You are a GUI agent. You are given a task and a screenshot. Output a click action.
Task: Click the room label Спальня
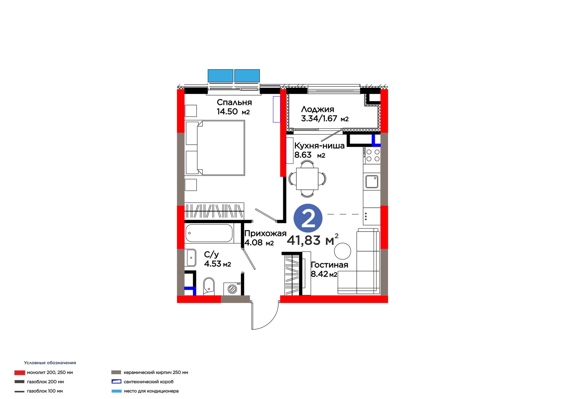[234, 102]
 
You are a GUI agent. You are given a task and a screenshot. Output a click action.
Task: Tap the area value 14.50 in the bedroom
[227, 111]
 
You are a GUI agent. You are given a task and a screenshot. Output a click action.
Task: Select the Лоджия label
[317, 109]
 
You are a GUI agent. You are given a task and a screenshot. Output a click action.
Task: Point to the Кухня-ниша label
[319, 146]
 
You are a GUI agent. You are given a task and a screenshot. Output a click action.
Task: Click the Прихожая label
[265, 234]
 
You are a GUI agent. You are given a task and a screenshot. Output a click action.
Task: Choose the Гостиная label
[329, 265]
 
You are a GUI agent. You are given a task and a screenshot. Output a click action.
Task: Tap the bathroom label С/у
[212, 255]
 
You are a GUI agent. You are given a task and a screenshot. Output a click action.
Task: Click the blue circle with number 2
[308, 218]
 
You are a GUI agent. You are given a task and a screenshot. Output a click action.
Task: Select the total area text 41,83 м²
[313, 240]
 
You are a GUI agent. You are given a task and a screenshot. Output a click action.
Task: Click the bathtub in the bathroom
[209, 233]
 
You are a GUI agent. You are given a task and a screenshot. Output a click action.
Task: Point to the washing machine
[232, 289]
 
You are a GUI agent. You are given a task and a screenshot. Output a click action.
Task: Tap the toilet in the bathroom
[209, 286]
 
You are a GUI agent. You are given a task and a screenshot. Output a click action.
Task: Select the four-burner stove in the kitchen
[371, 155]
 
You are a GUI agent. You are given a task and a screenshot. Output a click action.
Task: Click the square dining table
[307, 179]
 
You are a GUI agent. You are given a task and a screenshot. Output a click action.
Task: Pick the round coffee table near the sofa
[343, 251]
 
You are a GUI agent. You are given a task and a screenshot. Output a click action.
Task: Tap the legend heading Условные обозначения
[50, 363]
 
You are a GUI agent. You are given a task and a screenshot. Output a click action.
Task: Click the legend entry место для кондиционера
[151, 391]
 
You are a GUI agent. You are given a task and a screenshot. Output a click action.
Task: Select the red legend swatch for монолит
[20, 373]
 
